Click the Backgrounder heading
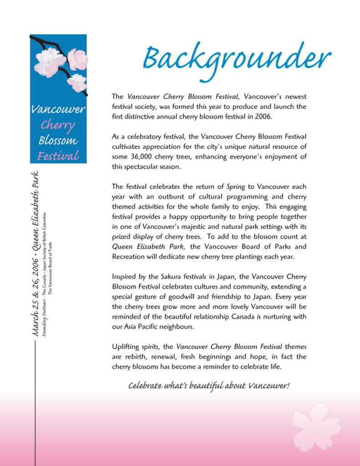coord(237,61)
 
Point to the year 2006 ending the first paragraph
coord(263,116)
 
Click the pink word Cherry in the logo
coord(58,125)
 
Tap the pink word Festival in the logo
coord(58,156)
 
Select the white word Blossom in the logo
coord(58,140)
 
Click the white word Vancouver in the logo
coord(58,109)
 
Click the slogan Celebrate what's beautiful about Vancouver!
coord(209,386)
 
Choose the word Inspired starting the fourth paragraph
coord(124,277)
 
